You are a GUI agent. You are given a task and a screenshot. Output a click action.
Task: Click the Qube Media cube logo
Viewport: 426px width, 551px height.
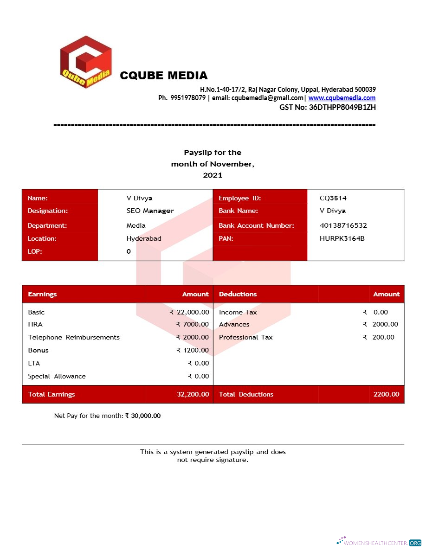[86, 62]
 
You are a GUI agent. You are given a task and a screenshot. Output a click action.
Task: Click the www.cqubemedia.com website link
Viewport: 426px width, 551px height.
[342, 98]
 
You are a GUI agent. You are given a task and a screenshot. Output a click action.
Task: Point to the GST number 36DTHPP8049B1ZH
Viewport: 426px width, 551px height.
[342, 107]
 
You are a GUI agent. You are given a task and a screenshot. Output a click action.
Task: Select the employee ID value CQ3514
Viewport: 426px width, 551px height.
[333, 198]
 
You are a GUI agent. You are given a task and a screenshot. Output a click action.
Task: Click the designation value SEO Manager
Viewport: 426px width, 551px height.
[150, 211]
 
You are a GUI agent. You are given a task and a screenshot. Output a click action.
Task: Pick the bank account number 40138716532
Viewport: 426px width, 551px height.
[343, 225]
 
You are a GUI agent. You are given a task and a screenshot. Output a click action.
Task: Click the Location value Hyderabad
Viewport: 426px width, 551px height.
[144, 238]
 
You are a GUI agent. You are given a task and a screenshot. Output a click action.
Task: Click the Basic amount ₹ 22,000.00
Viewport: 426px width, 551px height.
[189, 312]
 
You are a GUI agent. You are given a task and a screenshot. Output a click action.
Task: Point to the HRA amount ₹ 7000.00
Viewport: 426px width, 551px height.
[193, 324]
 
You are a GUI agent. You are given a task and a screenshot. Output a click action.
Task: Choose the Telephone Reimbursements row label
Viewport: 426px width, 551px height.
[74, 337]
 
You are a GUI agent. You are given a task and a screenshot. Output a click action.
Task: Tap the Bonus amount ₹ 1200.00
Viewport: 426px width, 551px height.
[193, 350]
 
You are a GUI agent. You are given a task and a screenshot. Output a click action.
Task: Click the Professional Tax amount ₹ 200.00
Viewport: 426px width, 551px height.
[379, 337]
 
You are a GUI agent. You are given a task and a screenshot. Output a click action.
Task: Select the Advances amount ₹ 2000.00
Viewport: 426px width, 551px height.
[381, 324]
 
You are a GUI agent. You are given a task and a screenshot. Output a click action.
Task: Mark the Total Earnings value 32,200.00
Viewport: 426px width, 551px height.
[193, 394]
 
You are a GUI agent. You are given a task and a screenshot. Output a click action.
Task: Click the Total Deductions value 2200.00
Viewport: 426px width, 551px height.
[386, 394]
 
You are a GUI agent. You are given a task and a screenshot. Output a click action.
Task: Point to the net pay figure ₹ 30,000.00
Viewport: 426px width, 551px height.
[143, 416]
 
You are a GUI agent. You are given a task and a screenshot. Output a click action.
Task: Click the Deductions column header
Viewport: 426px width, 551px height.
[238, 294]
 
